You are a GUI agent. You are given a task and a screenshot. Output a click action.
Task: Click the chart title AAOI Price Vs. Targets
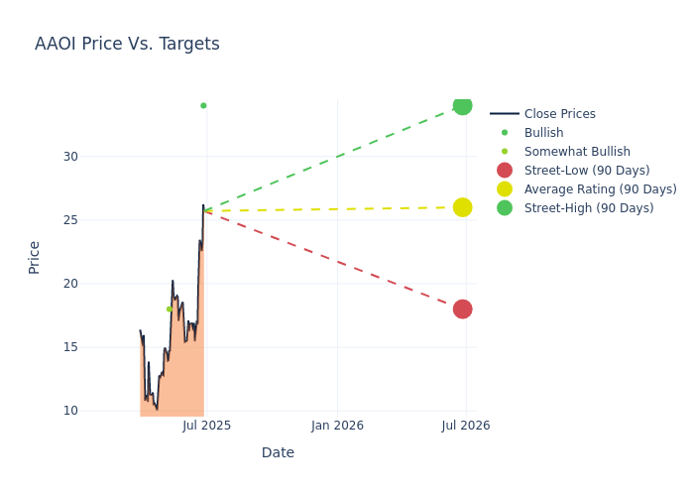pos(127,45)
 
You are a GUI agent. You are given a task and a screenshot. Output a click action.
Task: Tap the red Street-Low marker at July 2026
pos(462,309)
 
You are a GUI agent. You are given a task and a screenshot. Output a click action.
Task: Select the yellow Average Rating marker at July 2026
pos(462,207)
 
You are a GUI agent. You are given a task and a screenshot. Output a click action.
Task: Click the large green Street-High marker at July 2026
pos(462,105)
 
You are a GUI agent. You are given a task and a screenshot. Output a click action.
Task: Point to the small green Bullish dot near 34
pos(203,105)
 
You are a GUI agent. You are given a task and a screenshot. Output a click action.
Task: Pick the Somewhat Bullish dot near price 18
pos(170,309)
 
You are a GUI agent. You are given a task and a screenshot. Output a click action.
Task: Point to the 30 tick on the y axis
pos(69,157)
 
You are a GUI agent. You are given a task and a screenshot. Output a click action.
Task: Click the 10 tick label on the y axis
pos(69,411)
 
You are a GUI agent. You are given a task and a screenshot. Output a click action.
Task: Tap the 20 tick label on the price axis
pos(69,284)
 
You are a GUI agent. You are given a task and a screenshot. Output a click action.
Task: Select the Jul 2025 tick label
pos(207,426)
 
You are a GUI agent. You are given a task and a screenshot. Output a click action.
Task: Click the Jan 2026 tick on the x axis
pos(337,426)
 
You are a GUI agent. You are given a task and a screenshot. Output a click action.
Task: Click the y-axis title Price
pos(35,257)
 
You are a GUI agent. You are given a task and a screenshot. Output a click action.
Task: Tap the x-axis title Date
pos(278,453)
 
